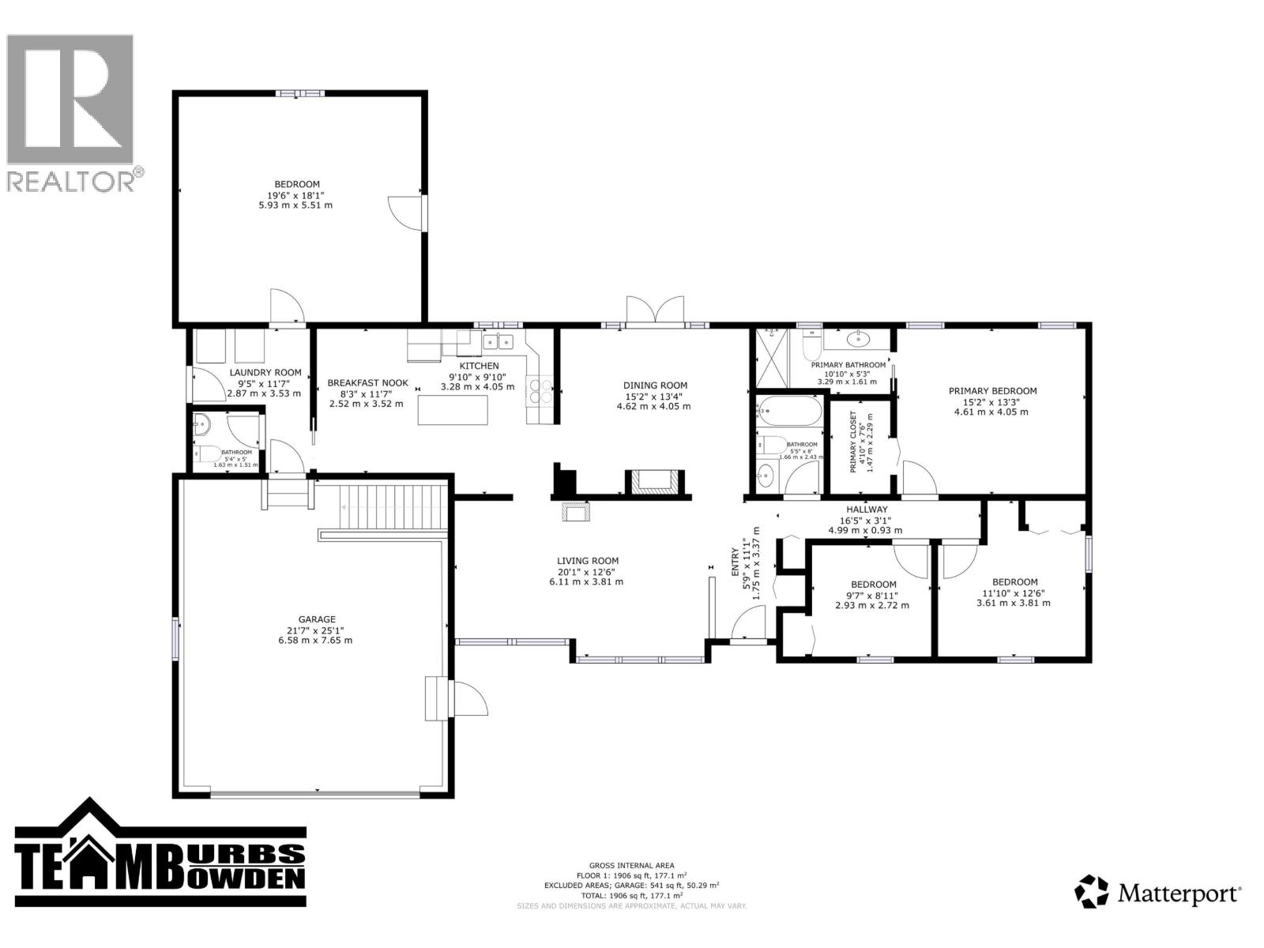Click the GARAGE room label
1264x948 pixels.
point(317,619)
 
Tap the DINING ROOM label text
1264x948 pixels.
point(654,386)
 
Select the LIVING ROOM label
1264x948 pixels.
point(587,561)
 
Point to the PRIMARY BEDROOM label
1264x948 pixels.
point(992,390)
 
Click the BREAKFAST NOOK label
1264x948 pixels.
point(367,383)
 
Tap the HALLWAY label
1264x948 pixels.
point(867,510)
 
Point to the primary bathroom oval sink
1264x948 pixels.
point(856,340)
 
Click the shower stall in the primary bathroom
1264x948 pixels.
point(772,357)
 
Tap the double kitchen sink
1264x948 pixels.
point(498,341)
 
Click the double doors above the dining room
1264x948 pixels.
point(654,310)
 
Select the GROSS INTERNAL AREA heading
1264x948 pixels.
point(631,866)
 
